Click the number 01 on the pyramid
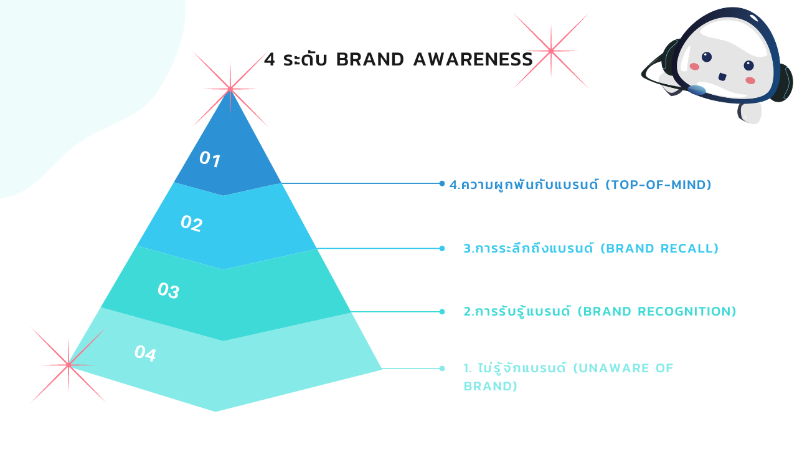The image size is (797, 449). pyautogui.click(x=210, y=160)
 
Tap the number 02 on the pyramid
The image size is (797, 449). pyautogui.click(x=191, y=223)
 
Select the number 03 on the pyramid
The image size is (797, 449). pyautogui.click(x=168, y=290)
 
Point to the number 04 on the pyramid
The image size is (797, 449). pyautogui.click(x=144, y=354)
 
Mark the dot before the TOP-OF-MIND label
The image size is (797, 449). pyautogui.click(x=442, y=183)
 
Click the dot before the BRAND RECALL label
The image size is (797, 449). pyautogui.click(x=442, y=248)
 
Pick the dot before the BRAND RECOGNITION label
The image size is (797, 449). pyautogui.click(x=442, y=312)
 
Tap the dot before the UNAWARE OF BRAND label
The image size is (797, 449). pyautogui.click(x=442, y=369)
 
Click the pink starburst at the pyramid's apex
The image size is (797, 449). pyautogui.click(x=230, y=89)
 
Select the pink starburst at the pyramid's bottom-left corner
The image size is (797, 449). pyautogui.click(x=68, y=365)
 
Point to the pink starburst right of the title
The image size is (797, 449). pyautogui.click(x=550, y=51)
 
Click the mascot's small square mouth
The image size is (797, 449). pyautogui.click(x=722, y=77)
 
